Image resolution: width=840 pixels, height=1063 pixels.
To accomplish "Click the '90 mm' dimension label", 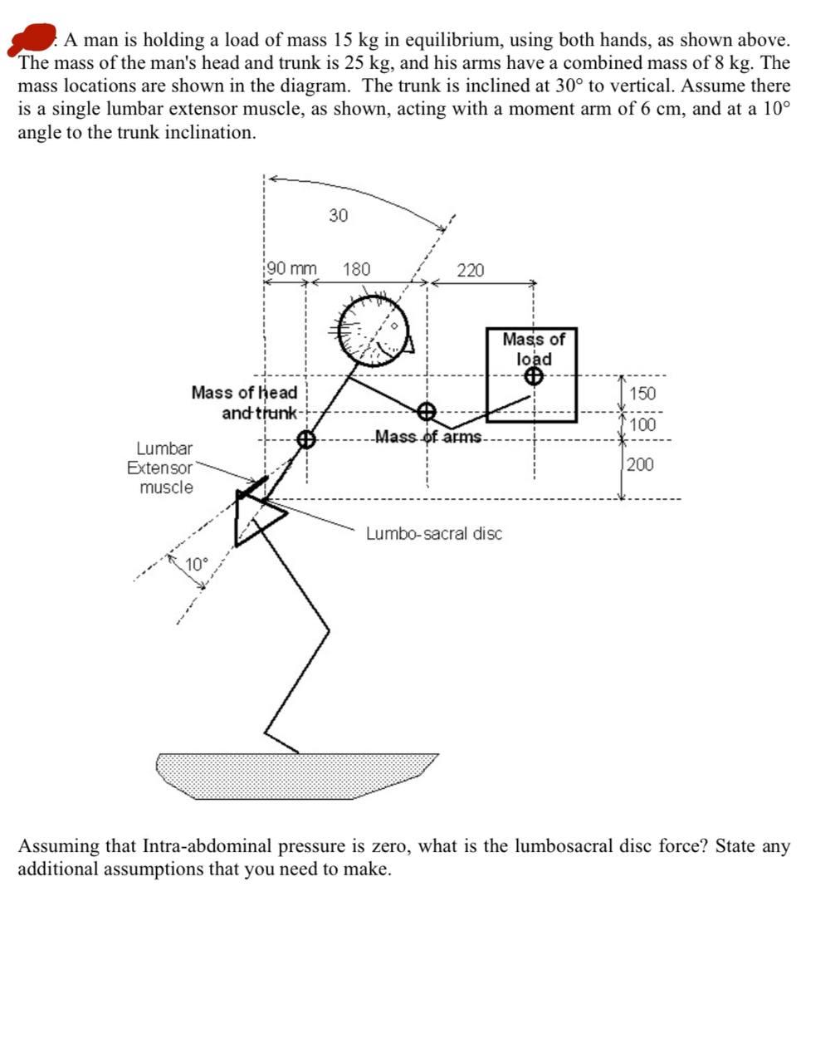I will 291,269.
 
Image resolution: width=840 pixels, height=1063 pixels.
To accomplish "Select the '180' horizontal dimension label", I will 357,269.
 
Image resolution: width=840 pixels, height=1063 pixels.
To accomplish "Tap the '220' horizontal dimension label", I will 470,270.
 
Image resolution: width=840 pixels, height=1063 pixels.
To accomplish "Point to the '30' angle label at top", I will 338,216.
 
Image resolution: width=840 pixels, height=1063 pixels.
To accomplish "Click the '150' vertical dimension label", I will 642,394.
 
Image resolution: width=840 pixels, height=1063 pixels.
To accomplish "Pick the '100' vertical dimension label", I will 642,425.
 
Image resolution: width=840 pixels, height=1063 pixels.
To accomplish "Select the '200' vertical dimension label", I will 640,464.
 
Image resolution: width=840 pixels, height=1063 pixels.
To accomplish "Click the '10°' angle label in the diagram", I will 197,565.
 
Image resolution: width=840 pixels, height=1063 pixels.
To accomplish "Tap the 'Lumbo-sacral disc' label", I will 434,533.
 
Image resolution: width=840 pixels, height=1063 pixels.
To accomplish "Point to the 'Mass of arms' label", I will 428,437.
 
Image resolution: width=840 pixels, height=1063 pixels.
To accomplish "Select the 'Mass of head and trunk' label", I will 246,402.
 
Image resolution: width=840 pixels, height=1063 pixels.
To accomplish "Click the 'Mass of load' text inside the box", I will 533,349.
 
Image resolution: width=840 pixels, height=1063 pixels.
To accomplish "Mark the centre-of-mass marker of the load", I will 534,377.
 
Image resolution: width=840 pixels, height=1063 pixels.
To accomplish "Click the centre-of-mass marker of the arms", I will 426,412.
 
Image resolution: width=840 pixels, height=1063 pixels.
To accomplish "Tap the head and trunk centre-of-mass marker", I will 305,439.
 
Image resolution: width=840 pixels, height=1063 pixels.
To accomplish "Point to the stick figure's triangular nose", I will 408,344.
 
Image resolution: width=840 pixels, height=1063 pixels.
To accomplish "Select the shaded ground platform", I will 297,775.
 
